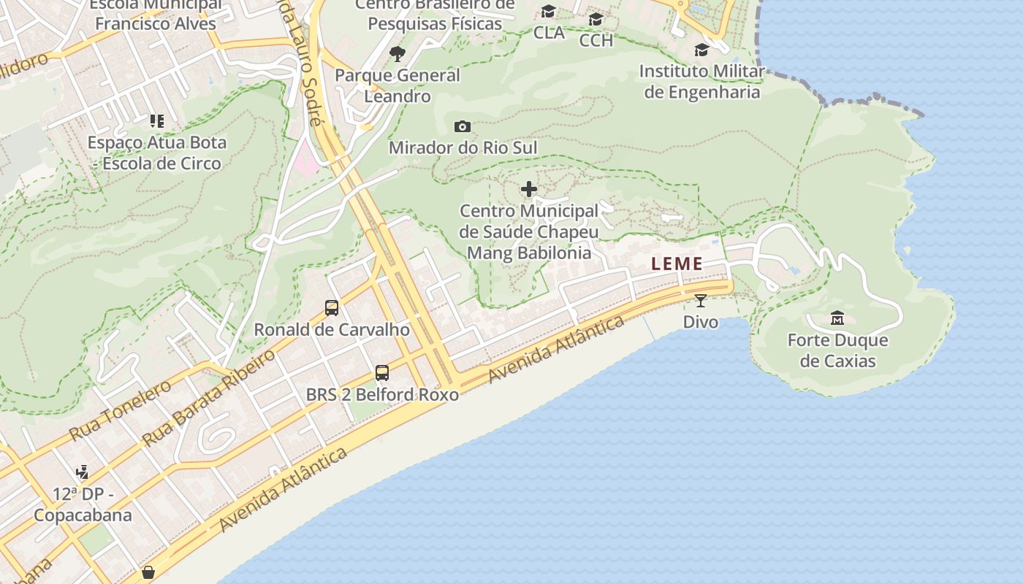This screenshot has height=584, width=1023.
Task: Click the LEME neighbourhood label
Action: pos(677,264)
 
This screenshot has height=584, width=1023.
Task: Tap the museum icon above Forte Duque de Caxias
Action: pos(837,318)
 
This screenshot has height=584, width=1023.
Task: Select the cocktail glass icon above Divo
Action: pos(700,300)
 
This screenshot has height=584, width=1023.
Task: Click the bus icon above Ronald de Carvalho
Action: pos(332,308)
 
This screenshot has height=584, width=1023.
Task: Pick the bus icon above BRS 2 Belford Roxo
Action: pos(381,373)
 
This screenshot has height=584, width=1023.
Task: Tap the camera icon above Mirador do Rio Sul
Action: pos(462,127)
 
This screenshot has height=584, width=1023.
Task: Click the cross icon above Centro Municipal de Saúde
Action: pos(529,190)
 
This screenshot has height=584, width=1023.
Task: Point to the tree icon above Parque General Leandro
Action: pos(398,53)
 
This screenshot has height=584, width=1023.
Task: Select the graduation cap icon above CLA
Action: pos(549,12)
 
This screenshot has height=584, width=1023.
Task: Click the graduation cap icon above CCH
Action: pos(596,20)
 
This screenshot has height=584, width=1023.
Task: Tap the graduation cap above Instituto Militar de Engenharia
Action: pos(701,50)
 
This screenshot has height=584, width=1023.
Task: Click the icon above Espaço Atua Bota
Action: pos(157,121)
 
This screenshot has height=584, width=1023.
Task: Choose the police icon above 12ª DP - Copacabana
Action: pos(82,472)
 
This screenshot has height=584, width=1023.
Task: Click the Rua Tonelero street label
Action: pos(121,410)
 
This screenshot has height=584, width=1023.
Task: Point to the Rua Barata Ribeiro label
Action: pos(210,398)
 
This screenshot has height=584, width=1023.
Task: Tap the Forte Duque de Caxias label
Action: pos(837,350)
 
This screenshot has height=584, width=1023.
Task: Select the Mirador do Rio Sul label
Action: pos(463,148)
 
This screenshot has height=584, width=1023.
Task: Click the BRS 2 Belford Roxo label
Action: pos(382,395)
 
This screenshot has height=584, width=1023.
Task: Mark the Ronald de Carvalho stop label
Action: pos(332,330)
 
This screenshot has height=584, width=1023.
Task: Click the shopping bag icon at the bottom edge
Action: pos(148,572)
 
